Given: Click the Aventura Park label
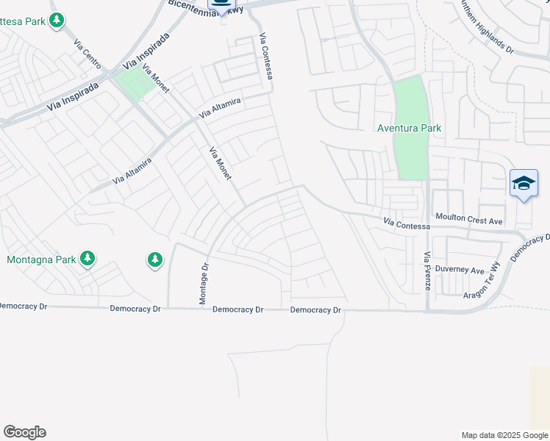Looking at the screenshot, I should click(x=409, y=128).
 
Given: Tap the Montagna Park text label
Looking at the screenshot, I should click(x=41, y=259).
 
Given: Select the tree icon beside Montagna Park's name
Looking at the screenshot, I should click(x=87, y=258).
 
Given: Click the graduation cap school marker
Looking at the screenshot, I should click(x=524, y=184).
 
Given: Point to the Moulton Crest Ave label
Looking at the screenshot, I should click(x=468, y=220).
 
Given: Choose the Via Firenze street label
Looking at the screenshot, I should click(x=427, y=270).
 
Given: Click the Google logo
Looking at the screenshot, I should click(x=24, y=432).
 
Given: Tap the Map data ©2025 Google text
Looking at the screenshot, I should click(x=504, y=435).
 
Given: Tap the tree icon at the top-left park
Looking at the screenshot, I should click(x=57, y=21).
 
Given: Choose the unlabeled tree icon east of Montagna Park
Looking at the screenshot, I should click(x=154, y=259).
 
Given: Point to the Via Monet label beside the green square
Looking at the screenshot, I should click(x=156, y=79).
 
